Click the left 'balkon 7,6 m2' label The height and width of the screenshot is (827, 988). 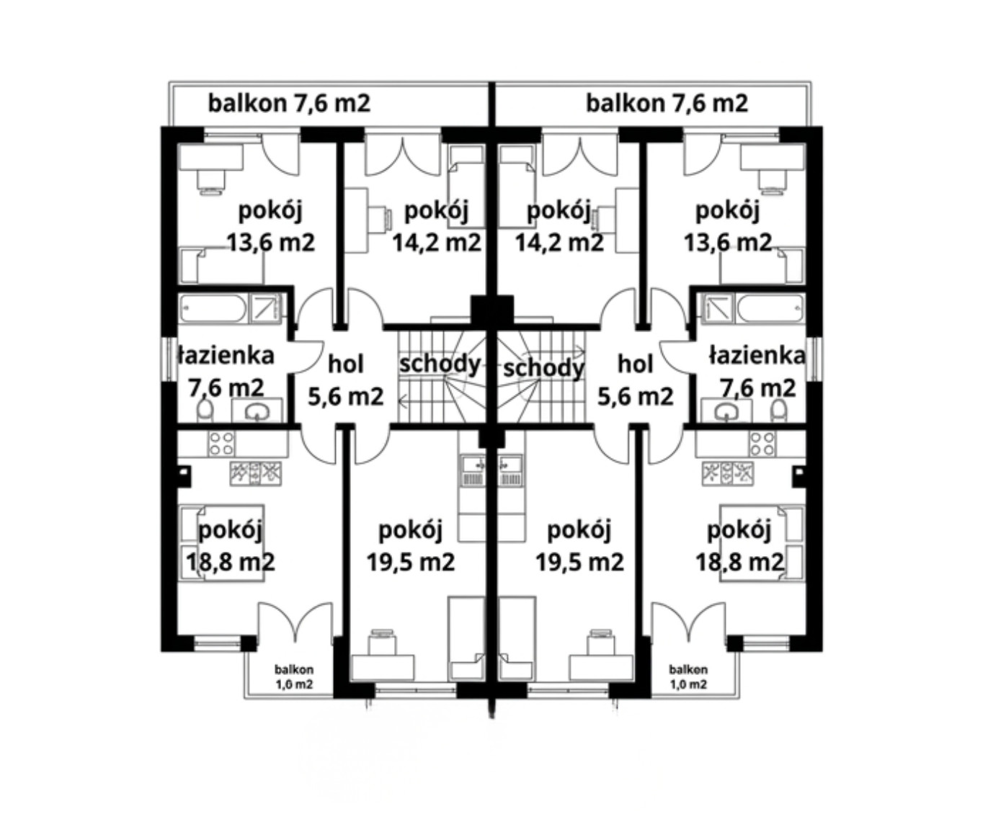point(289,103)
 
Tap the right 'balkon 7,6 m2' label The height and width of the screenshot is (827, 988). point(667,103)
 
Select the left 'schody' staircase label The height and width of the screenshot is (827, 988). point(440,364)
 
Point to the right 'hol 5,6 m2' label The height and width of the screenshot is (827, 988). point(635,381)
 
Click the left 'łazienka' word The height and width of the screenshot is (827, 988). point(226,355)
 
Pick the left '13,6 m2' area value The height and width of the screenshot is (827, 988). point(271,243)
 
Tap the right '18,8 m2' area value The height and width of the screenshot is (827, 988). point(739,563)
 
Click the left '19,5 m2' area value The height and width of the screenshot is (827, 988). point(411,563)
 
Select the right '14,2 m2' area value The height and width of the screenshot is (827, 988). point(559,243)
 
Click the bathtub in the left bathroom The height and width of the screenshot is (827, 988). point(213,309)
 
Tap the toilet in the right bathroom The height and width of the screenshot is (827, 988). point(778,410)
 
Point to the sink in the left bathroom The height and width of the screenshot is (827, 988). point(257,411)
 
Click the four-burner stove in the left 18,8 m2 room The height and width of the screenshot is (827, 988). point(221,443)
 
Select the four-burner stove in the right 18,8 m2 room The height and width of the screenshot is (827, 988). point(762,443)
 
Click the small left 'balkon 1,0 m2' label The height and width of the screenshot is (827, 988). point(294,677)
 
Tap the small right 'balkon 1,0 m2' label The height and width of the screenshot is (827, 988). point(688,677)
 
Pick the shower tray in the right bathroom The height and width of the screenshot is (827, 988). point(718,309)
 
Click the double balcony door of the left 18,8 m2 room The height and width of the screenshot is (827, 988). point(295,622)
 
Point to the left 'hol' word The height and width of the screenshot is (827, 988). point(346,365)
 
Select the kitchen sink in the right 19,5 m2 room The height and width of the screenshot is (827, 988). point(510,470)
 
